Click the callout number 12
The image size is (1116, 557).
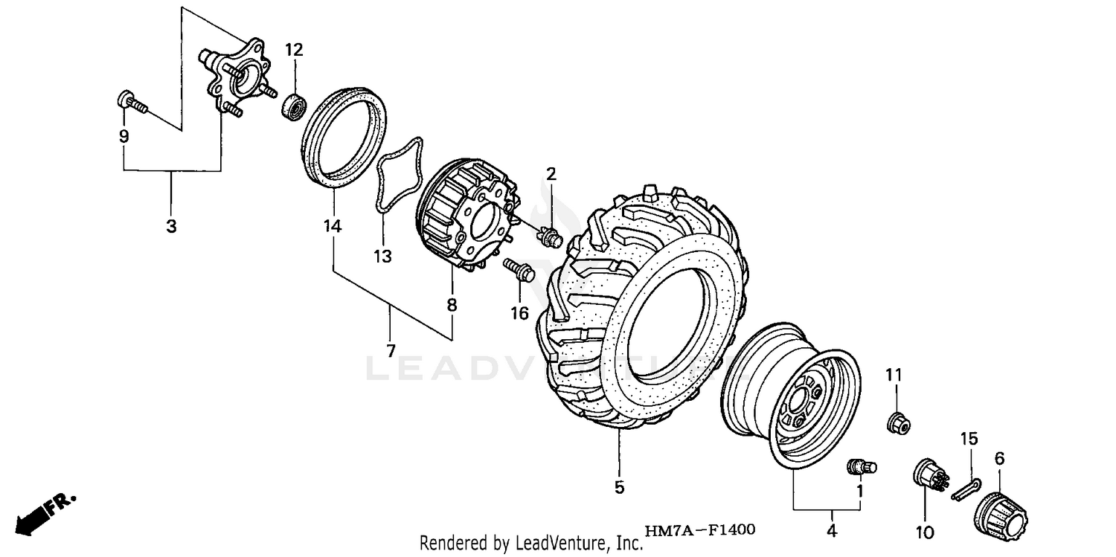pos(294,50)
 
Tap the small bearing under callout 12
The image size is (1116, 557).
pos(295,106)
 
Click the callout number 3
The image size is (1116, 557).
pos(171,227)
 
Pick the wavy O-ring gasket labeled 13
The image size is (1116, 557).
pos(399,176)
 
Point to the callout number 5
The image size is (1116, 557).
pos(619,488)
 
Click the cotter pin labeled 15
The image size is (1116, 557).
pos(966,489)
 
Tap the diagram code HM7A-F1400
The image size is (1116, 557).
pos(699,530)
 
